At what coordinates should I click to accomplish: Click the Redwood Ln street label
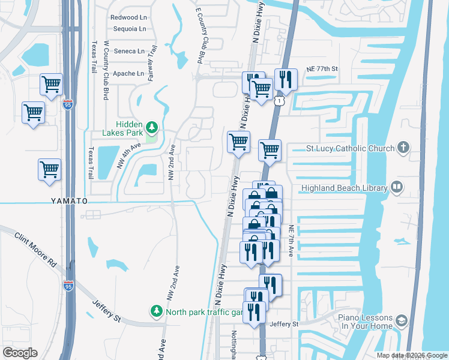coord(128,17)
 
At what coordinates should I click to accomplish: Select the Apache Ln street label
coord(128,74)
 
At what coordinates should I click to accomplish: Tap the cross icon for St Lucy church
coord(404,148)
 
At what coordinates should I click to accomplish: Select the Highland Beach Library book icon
coord(396,188)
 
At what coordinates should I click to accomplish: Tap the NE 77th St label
coord(322,70)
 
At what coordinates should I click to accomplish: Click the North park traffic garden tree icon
coord(156,311)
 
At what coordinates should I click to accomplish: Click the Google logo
coord(20,353)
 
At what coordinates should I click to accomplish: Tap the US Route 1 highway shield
coord(279,102)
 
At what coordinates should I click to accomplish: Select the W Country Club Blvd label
coord(106,70)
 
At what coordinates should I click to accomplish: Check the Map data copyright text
coord(411,355)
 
